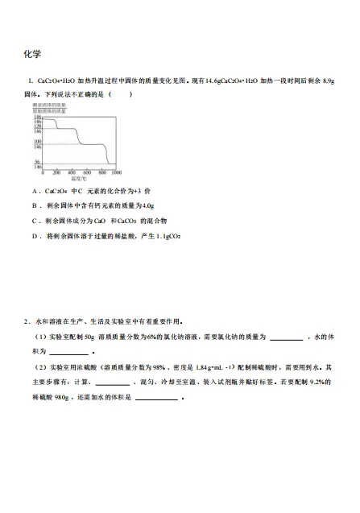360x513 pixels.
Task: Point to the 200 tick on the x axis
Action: pos(57,172)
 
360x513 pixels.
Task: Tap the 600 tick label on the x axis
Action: pos(86,172)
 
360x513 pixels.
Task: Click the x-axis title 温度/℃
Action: pos(78,179)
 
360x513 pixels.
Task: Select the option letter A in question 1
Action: pos(35,191)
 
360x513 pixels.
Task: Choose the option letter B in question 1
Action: pos(35,206)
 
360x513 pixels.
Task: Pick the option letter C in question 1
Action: pos(35,221)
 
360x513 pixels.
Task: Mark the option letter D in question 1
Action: pos(35,236)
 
